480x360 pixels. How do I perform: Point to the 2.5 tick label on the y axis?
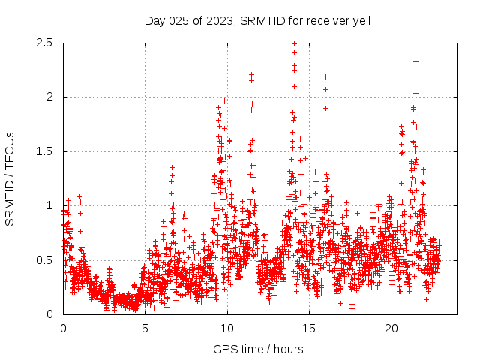click(43, 43)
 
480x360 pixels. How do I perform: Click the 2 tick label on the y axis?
click(49, 97)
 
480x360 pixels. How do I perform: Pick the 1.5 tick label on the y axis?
click(43, 151)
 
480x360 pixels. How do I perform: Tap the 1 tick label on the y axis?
click(49, 205)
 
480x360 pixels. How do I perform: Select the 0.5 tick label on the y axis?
click(43, 260)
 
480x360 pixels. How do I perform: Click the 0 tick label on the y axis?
click(49, 314)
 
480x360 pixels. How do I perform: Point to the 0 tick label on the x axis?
click(63, 328)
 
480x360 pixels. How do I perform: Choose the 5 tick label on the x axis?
click(145, 328)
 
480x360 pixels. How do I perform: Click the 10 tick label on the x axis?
click(227, 328)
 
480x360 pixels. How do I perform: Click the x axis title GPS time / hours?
click(258, 349)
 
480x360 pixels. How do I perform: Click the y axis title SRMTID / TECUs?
click(10, 178)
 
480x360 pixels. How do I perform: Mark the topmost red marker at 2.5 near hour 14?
click(294, 43)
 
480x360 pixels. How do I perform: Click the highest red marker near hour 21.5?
click(415, 61)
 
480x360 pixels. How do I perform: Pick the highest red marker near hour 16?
click(325, 76)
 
